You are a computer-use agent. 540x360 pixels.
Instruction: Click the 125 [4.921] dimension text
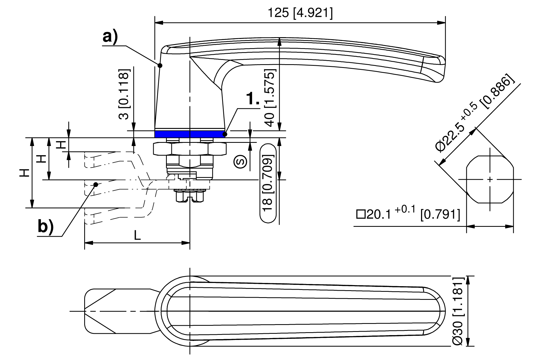(x=300, y=13)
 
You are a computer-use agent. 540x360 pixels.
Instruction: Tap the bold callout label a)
(x=110, y=37)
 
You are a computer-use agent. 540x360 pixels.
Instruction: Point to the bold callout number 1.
(x=252, y=99)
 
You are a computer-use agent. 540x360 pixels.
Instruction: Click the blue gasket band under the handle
(x=190, y=134)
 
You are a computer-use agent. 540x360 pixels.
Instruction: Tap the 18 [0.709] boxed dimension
(x=268, y=183)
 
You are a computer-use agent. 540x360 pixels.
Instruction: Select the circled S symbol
(x=240, y=162)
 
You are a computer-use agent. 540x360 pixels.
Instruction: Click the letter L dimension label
(x=137, y=235)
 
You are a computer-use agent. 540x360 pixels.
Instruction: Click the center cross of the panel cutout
(x=490, y=179)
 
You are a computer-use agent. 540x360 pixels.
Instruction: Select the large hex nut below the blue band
(x=190, y=149)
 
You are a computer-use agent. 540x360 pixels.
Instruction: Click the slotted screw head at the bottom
(x=190, y=197)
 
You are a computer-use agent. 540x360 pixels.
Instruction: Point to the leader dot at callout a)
(x=160, y=65)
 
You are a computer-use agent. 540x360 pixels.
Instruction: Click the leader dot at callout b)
(x=96, y=184)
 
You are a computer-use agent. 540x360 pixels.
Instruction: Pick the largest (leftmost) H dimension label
(x=25, y=173)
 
